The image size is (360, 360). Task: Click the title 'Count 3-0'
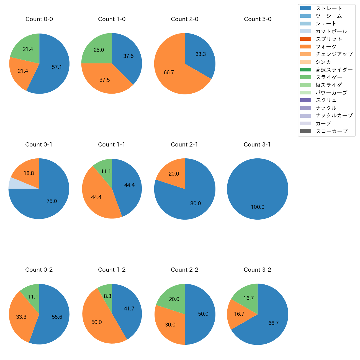click(258, 19)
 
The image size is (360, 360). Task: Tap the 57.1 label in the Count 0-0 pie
click(57, 67)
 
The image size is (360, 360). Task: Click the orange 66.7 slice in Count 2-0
click(172, 75)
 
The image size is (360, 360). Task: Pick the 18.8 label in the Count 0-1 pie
click(29, 173)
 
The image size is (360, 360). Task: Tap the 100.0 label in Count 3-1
click(258, 207)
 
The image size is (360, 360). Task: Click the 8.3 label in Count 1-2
click(107, 296)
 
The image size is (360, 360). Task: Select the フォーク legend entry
click(326, 47)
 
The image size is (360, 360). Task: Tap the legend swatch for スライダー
click(305, 77)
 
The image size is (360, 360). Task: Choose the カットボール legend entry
click(331, 31)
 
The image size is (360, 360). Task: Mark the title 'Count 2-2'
click(185, 270)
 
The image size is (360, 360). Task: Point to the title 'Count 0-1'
click(39, 145)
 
